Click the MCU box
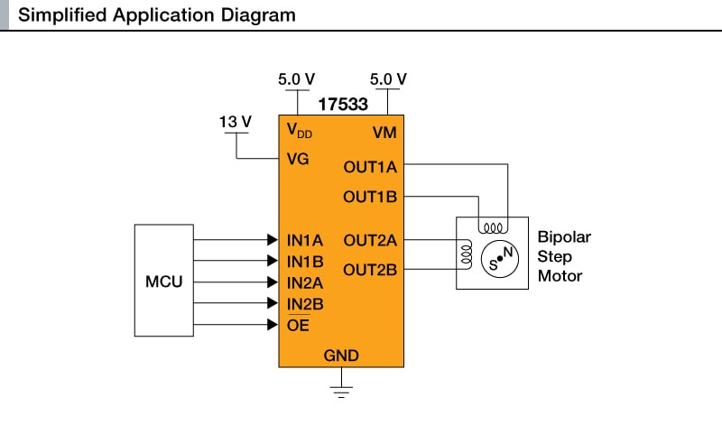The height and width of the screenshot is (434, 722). point(164,282)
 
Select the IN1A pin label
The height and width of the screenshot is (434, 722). point(305,241)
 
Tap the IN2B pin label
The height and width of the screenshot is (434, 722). point(305,304)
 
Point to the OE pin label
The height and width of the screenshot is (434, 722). point(298,325)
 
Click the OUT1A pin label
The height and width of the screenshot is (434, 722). point(370,167)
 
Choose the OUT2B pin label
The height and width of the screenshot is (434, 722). point(370,268)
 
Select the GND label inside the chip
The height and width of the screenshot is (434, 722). point(341,356)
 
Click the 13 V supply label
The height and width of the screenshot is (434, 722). point(236,121)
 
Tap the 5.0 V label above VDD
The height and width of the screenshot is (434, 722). point(296,79)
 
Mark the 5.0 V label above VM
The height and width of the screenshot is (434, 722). point(388,79)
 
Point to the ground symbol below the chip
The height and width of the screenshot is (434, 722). point(341,390)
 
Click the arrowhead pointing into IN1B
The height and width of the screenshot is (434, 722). point(273,261)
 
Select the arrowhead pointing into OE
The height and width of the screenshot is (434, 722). point(273,325)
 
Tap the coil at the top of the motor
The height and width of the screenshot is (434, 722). point(493,226)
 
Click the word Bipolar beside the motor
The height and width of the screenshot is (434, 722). point(564,238)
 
